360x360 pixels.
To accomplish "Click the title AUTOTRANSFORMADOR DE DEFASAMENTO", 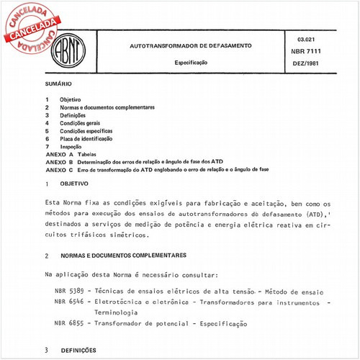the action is (190, 45).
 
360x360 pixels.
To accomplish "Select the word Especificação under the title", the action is (191, 63).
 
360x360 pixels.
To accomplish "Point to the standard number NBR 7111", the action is (308, 52).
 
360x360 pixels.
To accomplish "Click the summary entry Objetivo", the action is (71, 99).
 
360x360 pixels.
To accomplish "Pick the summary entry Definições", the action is (73, 115).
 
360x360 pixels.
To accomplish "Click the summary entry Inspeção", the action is (71, 146).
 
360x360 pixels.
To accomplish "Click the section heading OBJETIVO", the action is (73, 184).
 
